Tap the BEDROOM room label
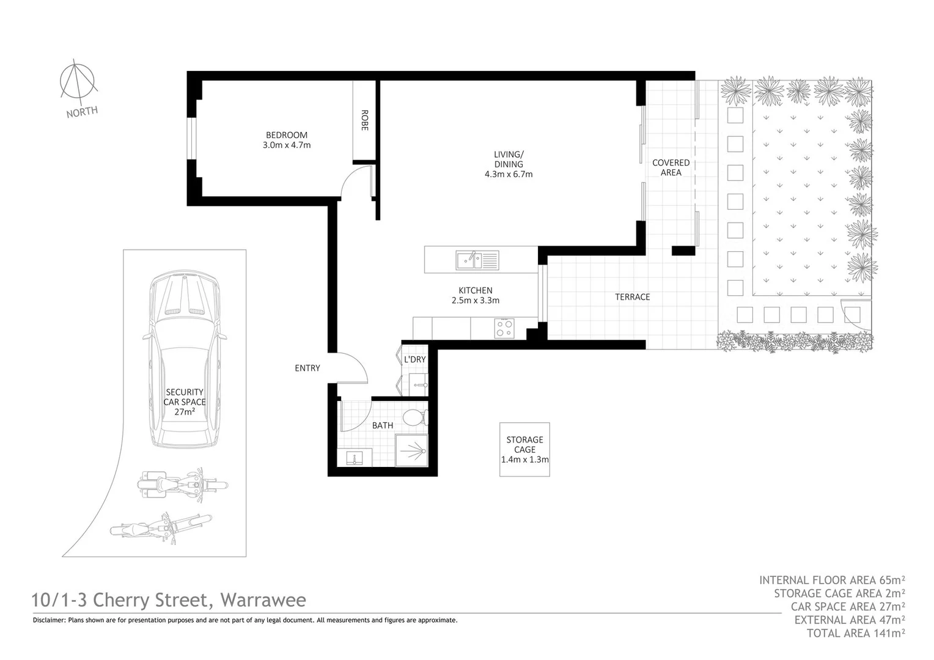286,135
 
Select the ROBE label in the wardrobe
364,120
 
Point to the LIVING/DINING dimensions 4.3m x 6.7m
508,174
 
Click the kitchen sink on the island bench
477,260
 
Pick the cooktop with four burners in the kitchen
504,328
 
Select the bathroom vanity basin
354,458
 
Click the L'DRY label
414,359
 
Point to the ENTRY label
307,368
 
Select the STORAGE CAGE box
524,449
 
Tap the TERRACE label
632,297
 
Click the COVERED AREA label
671,167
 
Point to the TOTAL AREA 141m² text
856,633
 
